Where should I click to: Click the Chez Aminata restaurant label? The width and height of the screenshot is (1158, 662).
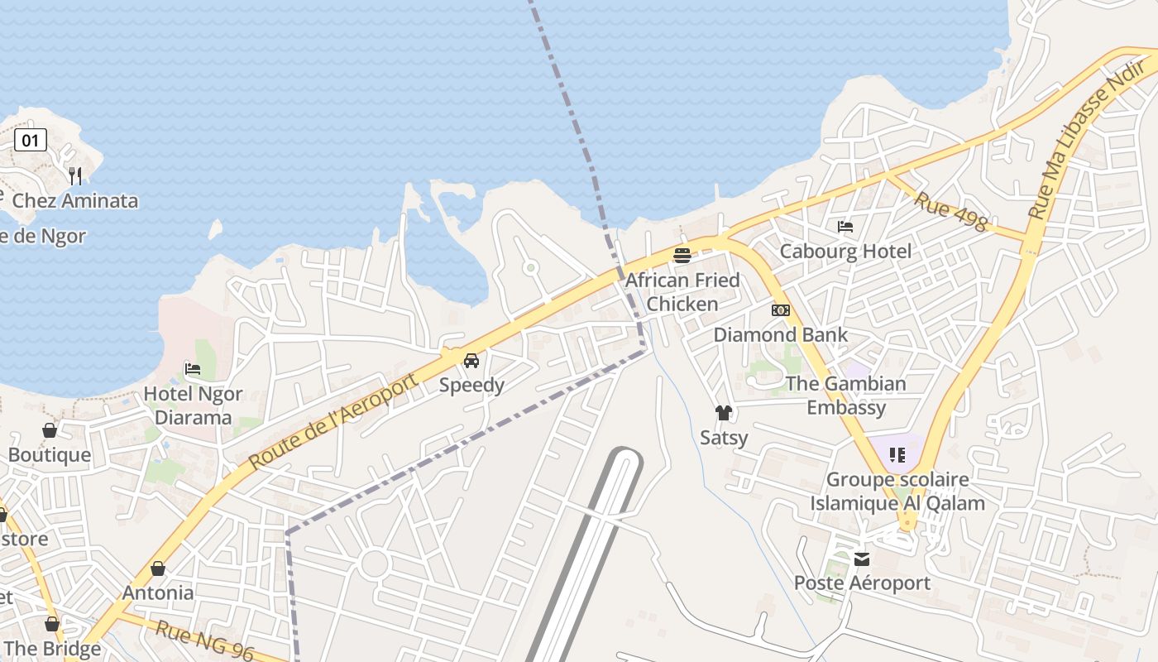(x=75, y=201)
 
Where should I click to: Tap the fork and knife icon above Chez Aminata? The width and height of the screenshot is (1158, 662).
(x=75, y=175)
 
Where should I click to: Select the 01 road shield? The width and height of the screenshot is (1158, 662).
(x=30, y=140)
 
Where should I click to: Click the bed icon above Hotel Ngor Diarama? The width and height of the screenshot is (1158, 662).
(x=193, y=368)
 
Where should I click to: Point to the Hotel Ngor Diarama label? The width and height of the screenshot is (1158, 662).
(x=193, y=405)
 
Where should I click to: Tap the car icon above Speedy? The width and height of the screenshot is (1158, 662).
(x=471, y=361)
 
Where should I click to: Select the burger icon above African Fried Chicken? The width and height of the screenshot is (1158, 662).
(x=682, y=256)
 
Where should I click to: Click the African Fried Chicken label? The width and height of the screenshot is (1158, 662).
(x=682, y=292)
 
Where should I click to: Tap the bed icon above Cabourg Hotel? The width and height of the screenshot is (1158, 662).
(x=845, y=226)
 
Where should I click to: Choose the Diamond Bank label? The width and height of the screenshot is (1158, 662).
(x=781, y=335)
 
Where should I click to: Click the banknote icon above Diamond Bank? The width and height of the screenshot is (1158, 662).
(x=780, y=310)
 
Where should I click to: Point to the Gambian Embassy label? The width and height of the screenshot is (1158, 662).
(x=846, y=396)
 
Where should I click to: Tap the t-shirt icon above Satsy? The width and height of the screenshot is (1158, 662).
(x=724, y=413)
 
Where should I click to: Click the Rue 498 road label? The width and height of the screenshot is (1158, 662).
(x=950, y=211)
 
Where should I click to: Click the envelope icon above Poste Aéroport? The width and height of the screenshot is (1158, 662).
(x=862, y=559)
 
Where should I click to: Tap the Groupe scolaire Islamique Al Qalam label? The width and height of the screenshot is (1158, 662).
(x=897, y=492)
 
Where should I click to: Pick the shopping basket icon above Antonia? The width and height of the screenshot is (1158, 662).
(x=158, y=568)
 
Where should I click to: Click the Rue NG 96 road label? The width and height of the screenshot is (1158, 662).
(x=204, y=640)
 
